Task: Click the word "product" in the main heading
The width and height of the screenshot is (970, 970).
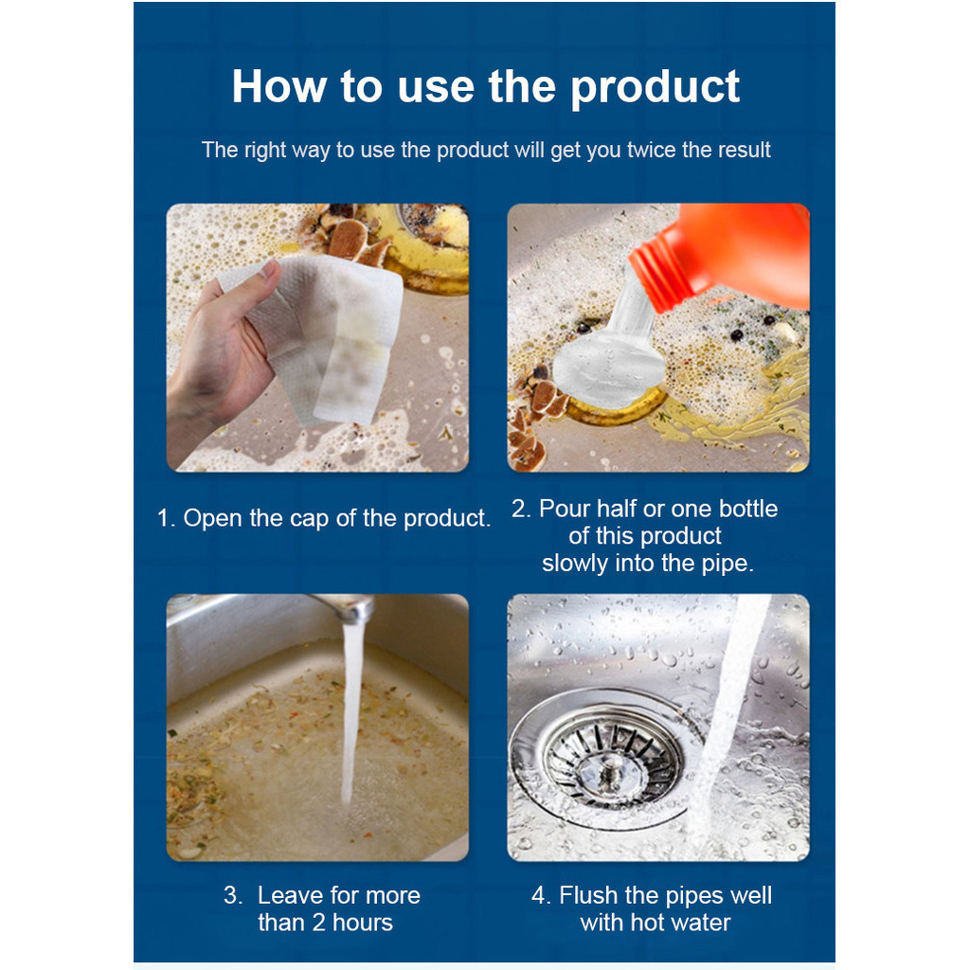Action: coord(655,88)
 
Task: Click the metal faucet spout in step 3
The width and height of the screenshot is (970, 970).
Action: coord(347,607)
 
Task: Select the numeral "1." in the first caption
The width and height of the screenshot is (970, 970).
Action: coord(167,518)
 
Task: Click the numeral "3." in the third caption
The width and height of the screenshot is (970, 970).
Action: coord(233,896)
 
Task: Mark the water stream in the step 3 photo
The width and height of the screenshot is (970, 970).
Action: coord(351,711)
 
